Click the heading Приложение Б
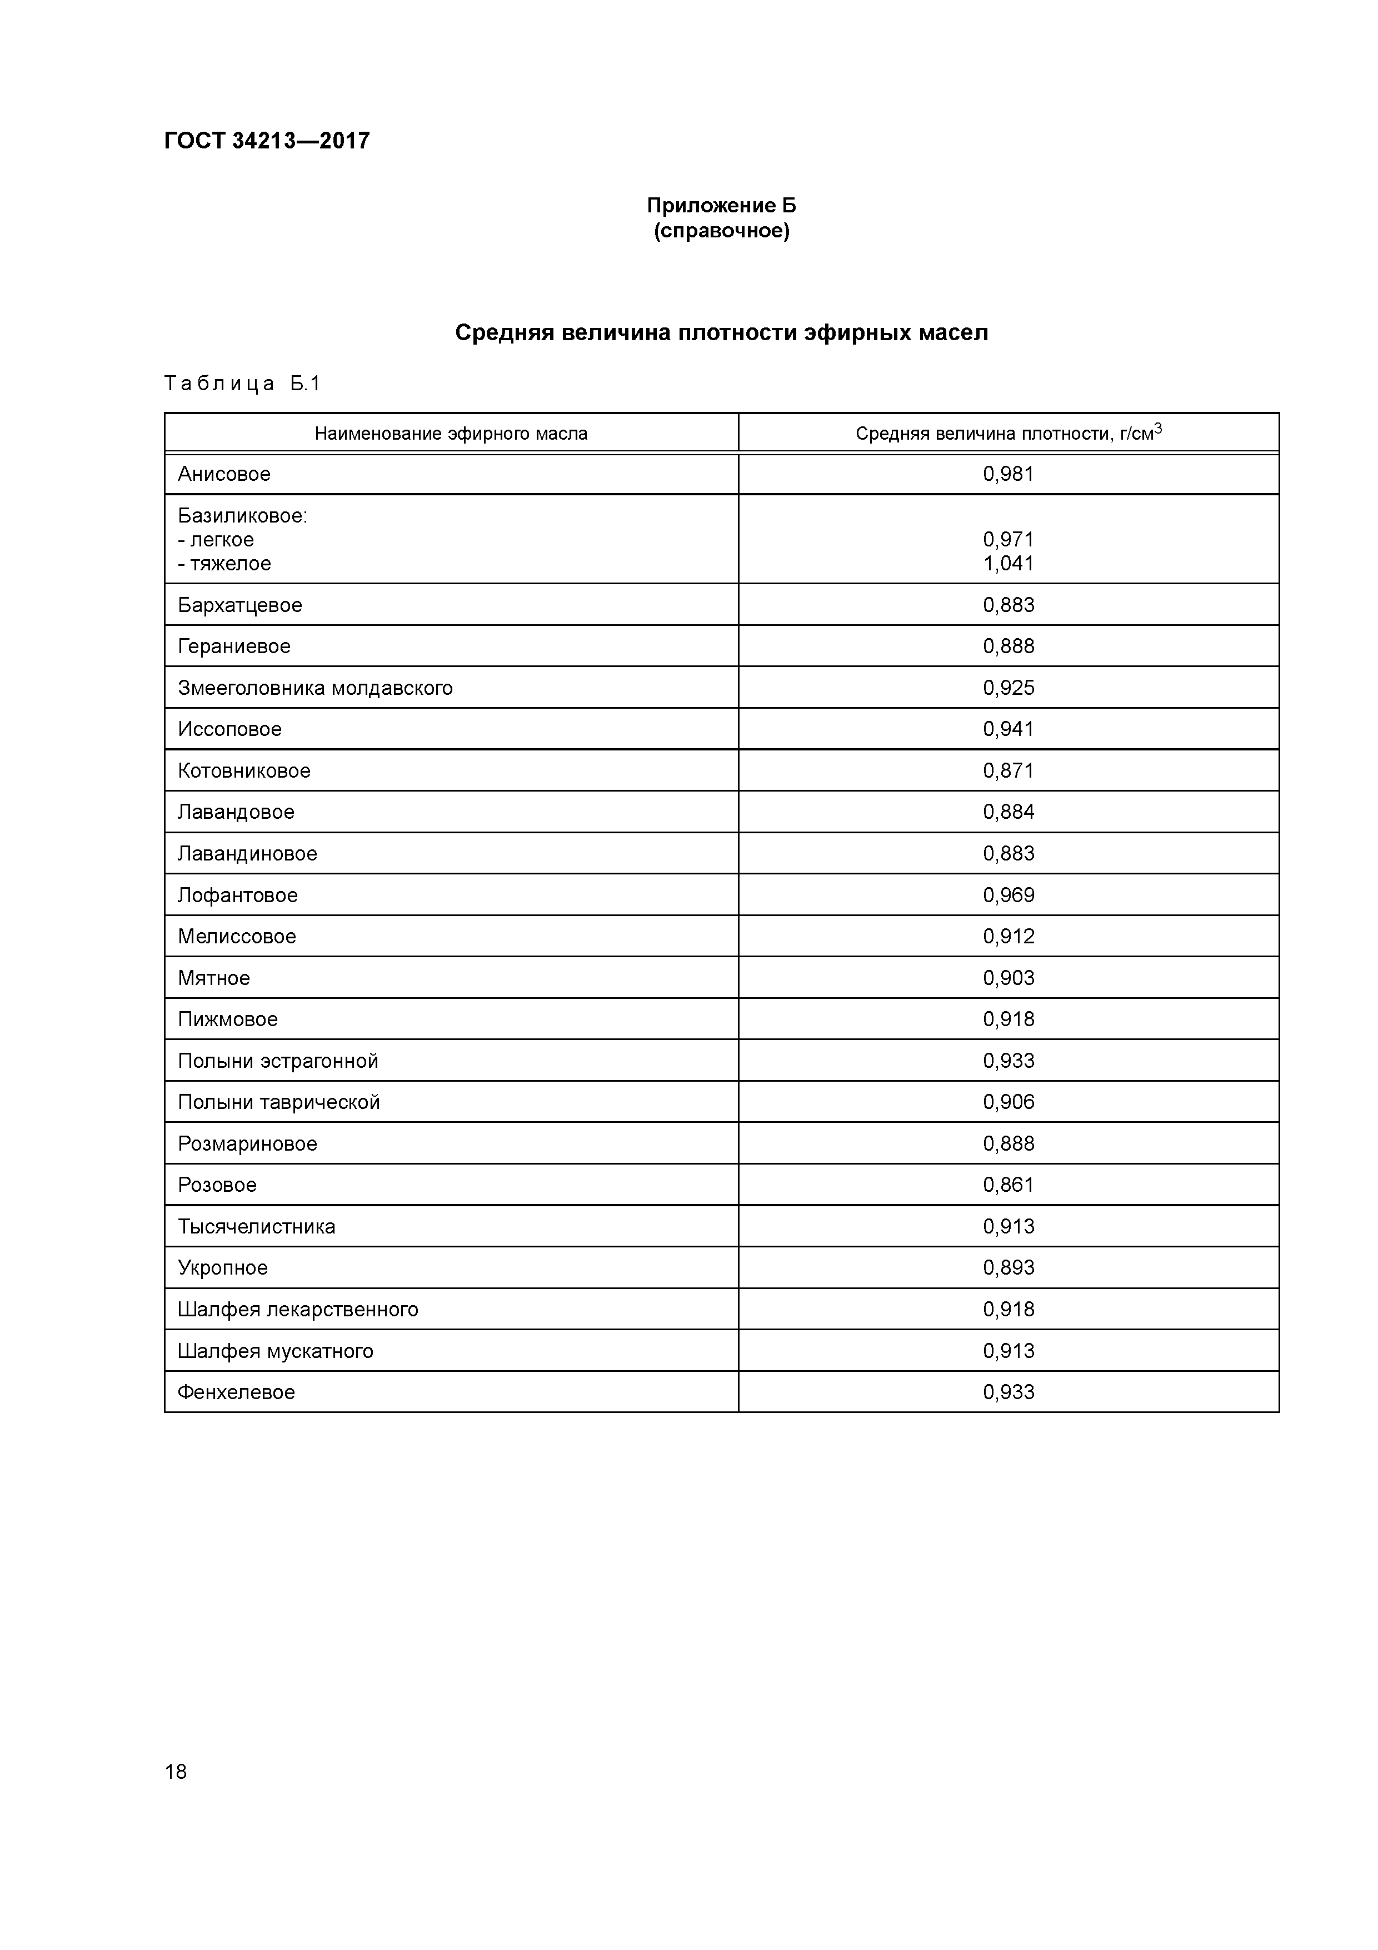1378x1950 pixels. [x=721, y=206]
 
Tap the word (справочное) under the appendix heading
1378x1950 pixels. [x=721, y=231]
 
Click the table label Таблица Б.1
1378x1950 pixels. [x=242, y=384]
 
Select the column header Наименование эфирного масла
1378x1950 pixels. [x=451, y=434]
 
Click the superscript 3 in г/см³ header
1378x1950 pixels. [x=1158, y=428]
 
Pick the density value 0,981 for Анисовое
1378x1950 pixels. [x=1008, y=474]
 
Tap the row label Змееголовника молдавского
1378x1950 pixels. [x=315, y=688]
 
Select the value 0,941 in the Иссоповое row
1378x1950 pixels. [x=1008, y=729]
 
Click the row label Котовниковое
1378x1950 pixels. [x=244, y=771]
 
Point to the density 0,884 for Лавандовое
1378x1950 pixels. [x=1008, y=812]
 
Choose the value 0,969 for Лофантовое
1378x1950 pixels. [x=1008, y=895]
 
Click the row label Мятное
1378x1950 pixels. [x=214, y=978]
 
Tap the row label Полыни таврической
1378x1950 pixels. [x=278, y=1102]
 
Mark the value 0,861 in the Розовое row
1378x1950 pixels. [x=1008, y=1185]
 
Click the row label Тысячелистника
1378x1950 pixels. [x=256, y=1226]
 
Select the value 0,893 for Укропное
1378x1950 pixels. [x=1008, y=1268]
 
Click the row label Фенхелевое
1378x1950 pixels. [x=236, y=1392]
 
